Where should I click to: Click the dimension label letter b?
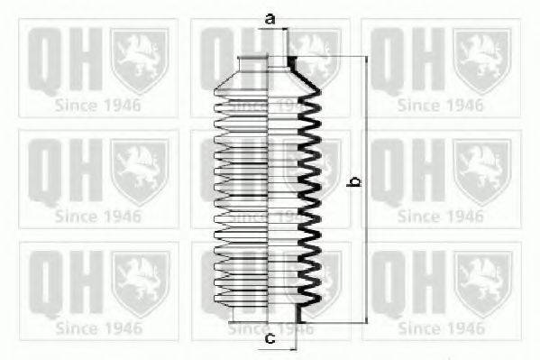tap(355, 182)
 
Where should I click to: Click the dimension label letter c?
tap(270, 339)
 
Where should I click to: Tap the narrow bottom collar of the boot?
tap(264, 314)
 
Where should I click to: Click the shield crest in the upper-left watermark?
tap(139, 61)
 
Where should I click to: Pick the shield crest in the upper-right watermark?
tap(482, 61)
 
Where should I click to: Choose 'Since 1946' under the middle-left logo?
tap(98, 217)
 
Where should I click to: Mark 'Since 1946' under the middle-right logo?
tap(441, 217)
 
